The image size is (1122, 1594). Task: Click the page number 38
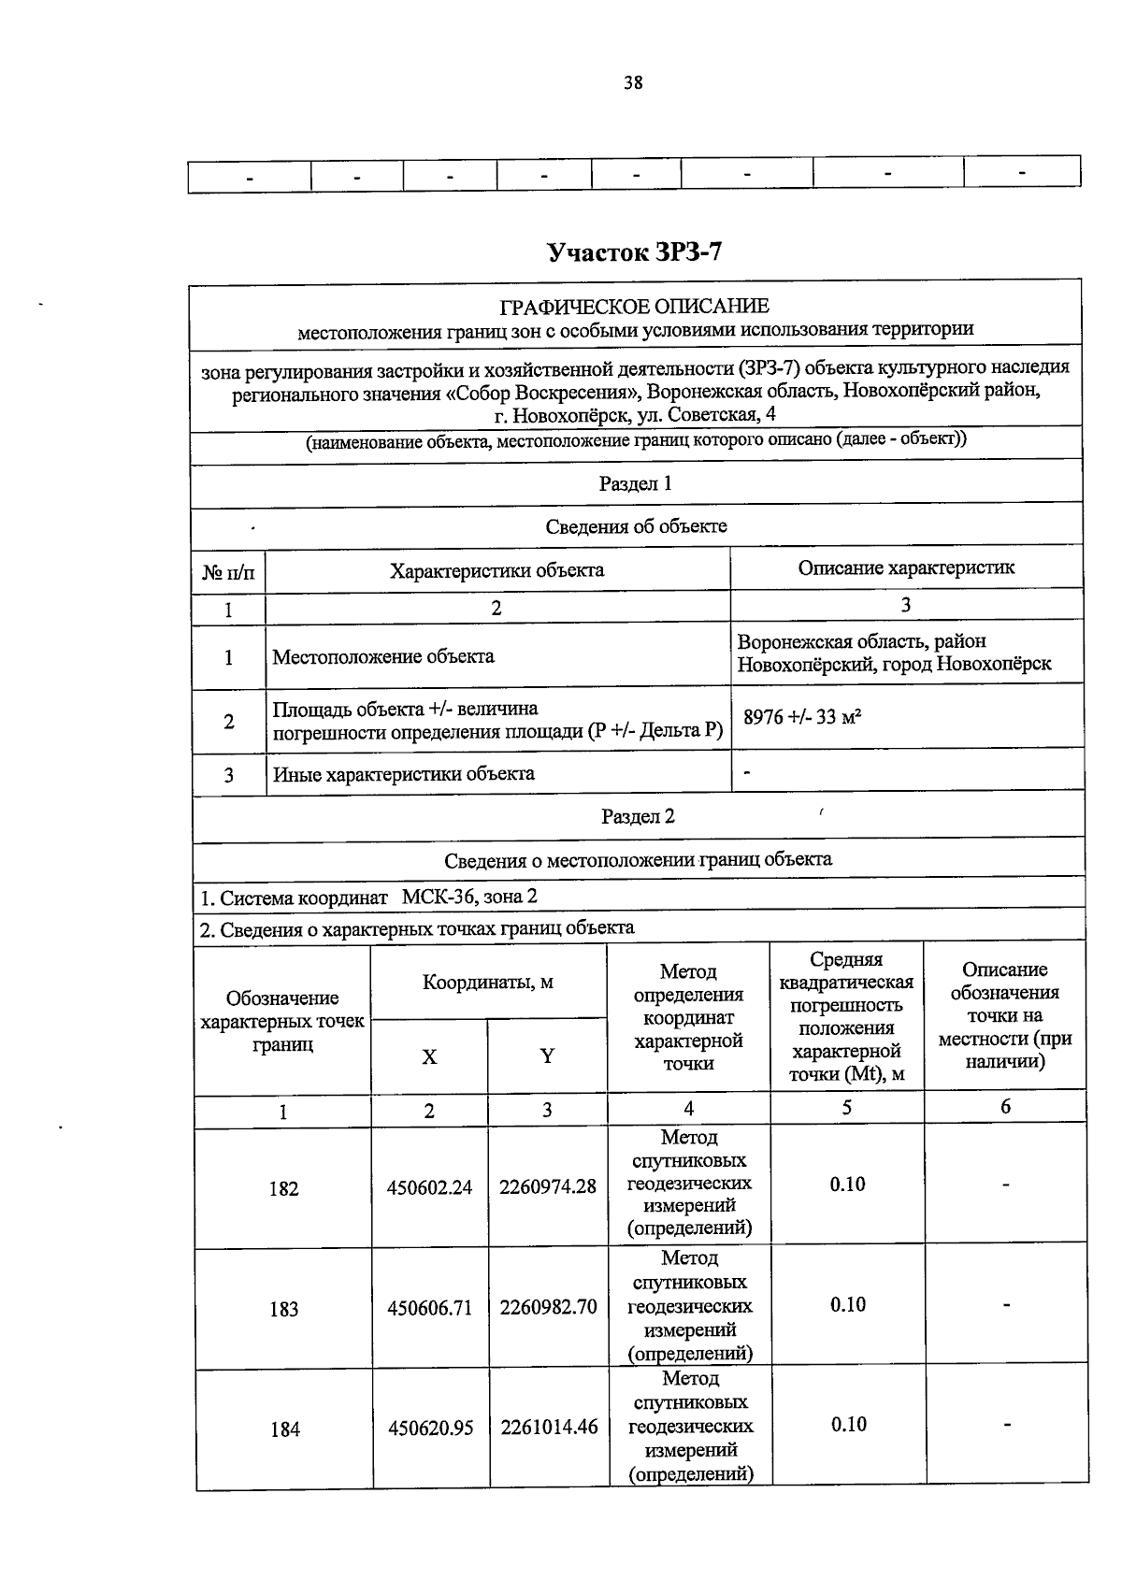coord(633,83)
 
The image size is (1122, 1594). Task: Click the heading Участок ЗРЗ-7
coord(634,252)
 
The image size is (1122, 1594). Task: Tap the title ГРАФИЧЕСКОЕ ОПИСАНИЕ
coord(635,307)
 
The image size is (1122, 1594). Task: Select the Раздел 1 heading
coord(635,484)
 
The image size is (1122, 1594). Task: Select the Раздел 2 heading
coord(638,817)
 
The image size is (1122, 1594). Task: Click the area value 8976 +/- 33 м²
coord(802,718)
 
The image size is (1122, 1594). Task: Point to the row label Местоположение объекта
coord(383,657)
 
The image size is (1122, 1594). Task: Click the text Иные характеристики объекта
coord(404,774)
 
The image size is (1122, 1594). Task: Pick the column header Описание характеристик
coord(906,568)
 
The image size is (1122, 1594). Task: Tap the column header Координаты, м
coord(488,983)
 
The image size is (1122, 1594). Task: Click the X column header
coord(429,1057)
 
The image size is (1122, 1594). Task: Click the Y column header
coord(547,1056)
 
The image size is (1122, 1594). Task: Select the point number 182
coord(283,1189)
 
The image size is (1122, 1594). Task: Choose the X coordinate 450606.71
coord(430,1308)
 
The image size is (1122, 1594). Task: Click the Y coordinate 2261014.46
coord(549,1429)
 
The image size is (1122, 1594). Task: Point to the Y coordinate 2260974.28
coord(548,1187)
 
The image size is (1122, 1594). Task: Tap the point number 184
coord(285,1429)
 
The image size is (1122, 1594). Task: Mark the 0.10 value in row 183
coord(848,1305)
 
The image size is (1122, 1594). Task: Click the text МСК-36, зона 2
coord(469,898)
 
